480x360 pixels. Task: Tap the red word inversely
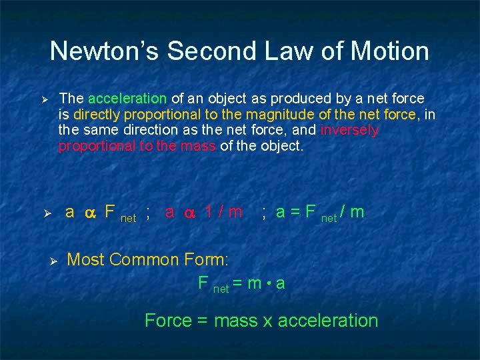[x=349, y=130]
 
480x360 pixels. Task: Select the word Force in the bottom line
[x=167, y=321]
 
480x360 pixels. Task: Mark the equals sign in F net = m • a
[x=238, y=283]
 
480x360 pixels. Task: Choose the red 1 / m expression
[x=223, y=213]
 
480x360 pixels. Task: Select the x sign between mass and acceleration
[x=267, y=321]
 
